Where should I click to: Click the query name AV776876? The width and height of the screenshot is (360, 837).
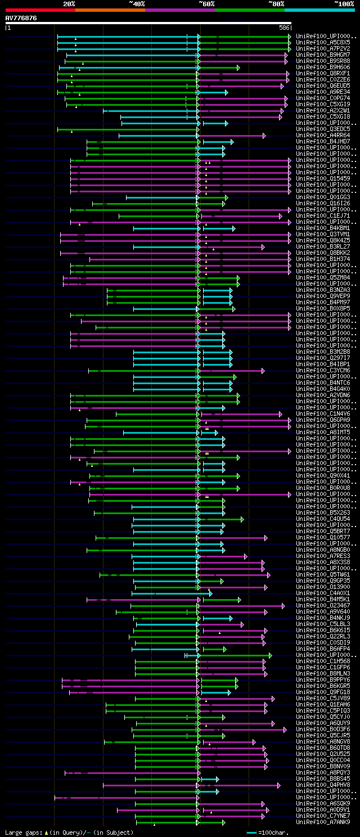click(21, 18)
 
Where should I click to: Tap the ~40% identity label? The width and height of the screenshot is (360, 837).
click(137, 3)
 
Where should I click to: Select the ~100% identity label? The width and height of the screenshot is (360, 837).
click(344, 3)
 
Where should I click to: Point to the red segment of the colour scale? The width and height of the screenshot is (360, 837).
click(39, 10)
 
